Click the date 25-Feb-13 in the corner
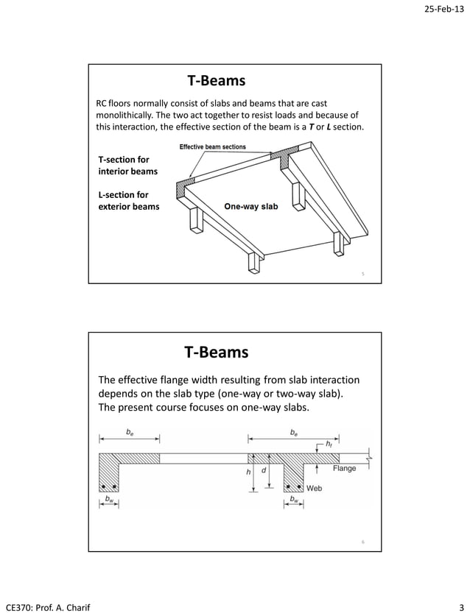click(x=441, y=10)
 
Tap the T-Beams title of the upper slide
click(x=216, y=80)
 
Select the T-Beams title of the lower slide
click(x=216, y=353)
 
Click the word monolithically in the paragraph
click(x=125, y=116)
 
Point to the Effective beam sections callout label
click(x=213, y=147)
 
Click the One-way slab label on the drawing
click(x=250, y=207)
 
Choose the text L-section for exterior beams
click(x=128, y=201)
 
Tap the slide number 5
click(x=362, y=275)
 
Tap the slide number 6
click(x=362, y=542)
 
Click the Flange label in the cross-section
click(x=344, y=468)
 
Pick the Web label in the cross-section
click(x=314, y=488)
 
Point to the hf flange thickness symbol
click(x=329, y=445)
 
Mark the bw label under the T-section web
click(x=293, y=499)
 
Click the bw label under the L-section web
click(x=109, y=499)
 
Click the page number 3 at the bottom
click(x=460, y=607)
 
